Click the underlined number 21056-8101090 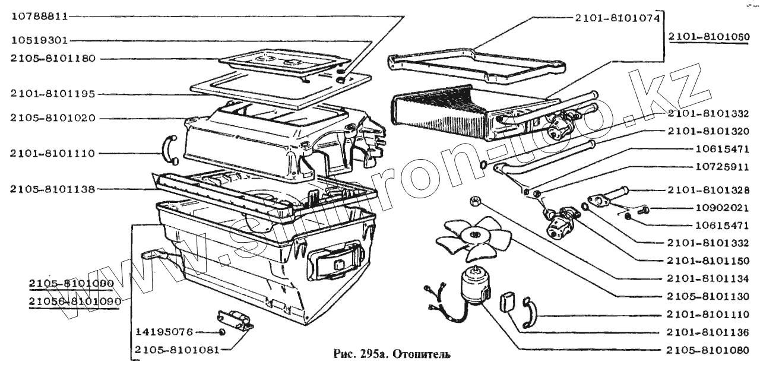tap(74, 301)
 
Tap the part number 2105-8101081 tap(176, 350)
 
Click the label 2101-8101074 tap(617, 18)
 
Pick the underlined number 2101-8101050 tap(709, 36)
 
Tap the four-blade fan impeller tap(473, 238)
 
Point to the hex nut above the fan tap(475, 201)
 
